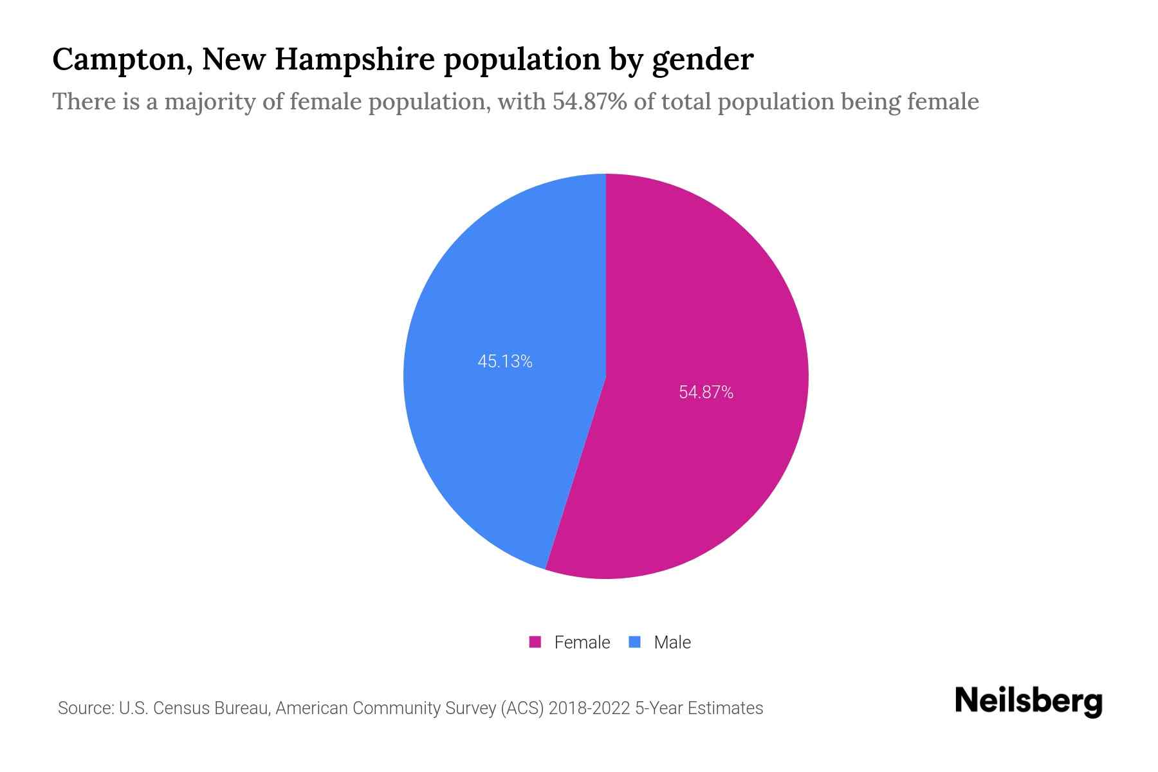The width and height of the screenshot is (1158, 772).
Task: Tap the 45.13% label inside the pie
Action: [x=505, y=362]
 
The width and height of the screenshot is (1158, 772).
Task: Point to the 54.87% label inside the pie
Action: [x=706, y=392]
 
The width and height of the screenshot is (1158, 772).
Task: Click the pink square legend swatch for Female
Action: [x=535, y=642]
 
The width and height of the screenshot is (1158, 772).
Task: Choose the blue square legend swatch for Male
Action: [x=635, y=642]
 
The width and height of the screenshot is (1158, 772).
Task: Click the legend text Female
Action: [x=582, y=642]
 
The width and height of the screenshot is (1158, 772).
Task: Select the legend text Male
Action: [x=672, y=642]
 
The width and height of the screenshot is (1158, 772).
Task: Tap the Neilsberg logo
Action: [x=1028, y=701]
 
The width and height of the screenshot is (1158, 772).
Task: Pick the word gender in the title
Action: [x=702, y=60]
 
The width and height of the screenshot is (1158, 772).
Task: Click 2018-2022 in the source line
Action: [x=589, y=708]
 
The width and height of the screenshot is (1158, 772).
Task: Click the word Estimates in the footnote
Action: [x=725, y=708]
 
